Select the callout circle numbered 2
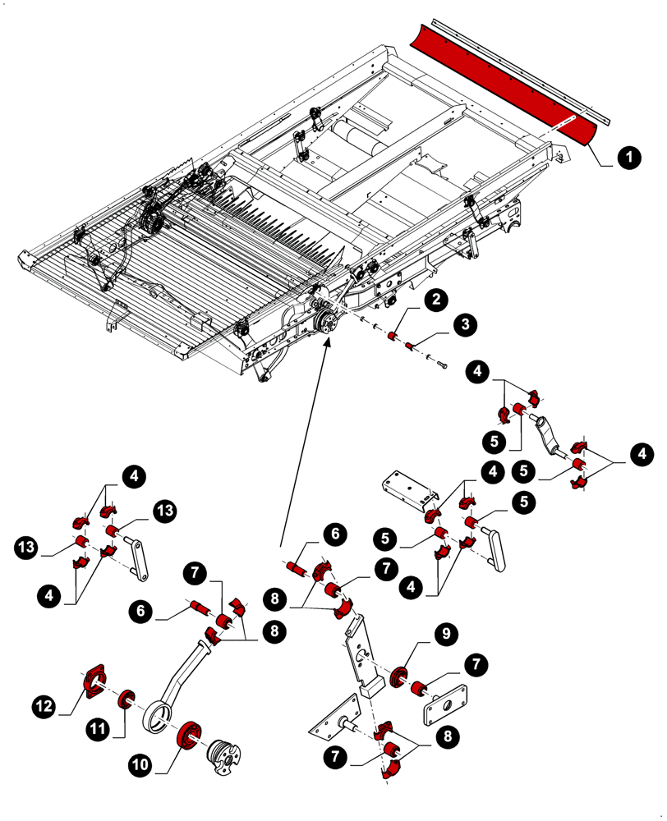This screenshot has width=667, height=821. (436, 300)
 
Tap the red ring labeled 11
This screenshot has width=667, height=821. (127, 699)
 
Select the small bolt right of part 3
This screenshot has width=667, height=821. (443, 363)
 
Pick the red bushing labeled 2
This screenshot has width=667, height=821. (393, 337)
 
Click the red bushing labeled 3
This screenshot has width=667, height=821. (410, 346)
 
